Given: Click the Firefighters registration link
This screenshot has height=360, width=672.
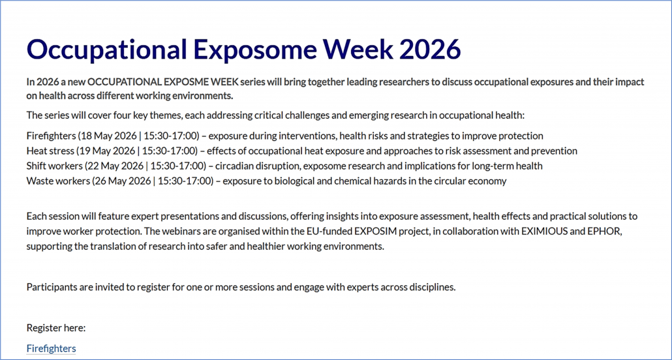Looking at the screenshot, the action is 51,348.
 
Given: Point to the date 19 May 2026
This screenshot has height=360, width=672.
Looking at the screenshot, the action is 106,151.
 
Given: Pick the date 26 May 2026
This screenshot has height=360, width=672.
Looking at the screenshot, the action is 122,181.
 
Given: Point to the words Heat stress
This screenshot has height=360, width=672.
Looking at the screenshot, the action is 49,151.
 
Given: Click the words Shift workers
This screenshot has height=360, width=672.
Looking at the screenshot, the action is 53,166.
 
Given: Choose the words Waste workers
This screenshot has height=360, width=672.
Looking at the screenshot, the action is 57,181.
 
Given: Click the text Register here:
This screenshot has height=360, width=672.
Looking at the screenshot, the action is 56,328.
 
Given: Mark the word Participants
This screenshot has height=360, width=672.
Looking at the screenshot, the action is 52,287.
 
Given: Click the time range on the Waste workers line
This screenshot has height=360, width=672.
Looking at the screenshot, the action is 185,181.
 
